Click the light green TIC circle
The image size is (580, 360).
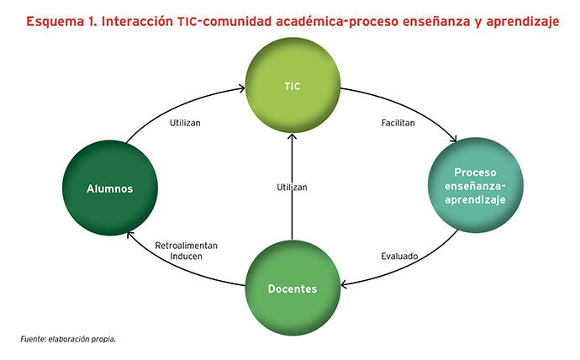pos(293,85)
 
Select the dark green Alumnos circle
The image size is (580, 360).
pos(110,188)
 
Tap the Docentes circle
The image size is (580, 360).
pos(293,289)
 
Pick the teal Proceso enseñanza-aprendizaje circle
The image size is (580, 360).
pos(475,185)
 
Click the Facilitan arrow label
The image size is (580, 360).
pos(398,123)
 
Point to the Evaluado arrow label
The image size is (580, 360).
pos(399,256)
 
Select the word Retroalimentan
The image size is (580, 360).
pos(186,246)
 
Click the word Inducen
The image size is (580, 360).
pos(186,256)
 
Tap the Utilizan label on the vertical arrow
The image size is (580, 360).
pos(292,188)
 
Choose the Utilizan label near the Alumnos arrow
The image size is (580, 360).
pos(185,123)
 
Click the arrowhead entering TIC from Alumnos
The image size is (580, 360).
pos(242,88)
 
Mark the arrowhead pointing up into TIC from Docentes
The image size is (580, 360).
pos(293,136)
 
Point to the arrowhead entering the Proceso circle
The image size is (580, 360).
pos(454,140)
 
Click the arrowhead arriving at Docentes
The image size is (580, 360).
pos(344,284)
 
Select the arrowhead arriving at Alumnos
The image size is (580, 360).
pos(129,235)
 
